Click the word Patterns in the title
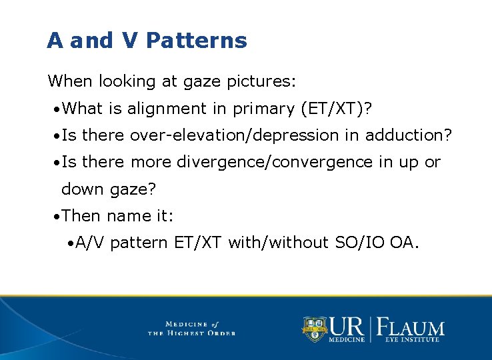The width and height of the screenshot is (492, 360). tap(196, 41)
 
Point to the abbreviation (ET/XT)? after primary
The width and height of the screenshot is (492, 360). tap(339, 109)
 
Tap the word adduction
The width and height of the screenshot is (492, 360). tap(407, 136)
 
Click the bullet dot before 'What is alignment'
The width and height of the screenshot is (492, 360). tap(59, 109)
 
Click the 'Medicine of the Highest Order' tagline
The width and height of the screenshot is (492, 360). tap(191, 328)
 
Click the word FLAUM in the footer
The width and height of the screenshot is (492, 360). tap(411, 327)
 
